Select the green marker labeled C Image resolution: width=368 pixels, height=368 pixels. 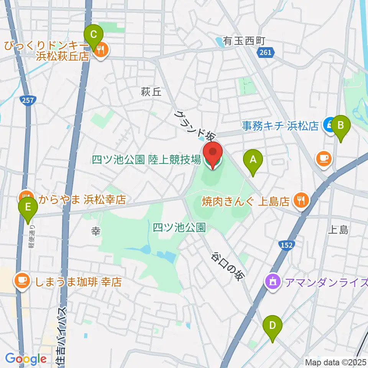click(x=93, y=36)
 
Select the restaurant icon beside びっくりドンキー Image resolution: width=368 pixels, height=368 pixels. click(x=100, y=50)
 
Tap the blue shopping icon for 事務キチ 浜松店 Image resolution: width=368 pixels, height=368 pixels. click(x=329, y=125)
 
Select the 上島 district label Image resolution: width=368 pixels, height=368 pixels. click(x=338, y=230)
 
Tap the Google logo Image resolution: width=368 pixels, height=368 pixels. click(x=25, y=359)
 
